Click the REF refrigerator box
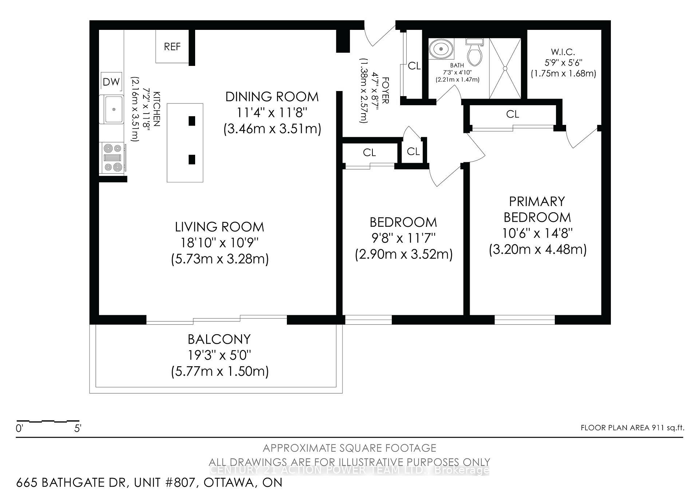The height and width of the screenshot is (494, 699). click(x=172, y=47)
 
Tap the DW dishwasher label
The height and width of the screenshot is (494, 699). click(x=111, y=82)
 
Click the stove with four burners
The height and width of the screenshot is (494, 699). click(x=112, y=158)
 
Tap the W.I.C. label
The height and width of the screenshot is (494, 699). click(x=563, y=52)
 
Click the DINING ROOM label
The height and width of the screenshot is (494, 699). click(x=272, y=97)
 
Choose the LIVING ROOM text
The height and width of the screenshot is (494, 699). click(x=220, y=227)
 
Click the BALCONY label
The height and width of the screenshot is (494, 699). click(x=219, y=339)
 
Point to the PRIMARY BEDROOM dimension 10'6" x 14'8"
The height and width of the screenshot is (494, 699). click(x=537, y=233)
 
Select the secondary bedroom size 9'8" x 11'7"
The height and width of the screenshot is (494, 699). click(x=403, y=238)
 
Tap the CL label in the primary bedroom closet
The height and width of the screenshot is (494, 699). click(x=513, y=114)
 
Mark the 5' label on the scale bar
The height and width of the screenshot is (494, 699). click(x=78, y=428)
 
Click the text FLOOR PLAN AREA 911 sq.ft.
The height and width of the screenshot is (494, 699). click(x=632, y=428)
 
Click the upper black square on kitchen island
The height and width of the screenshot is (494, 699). click(x=192, y=121)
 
